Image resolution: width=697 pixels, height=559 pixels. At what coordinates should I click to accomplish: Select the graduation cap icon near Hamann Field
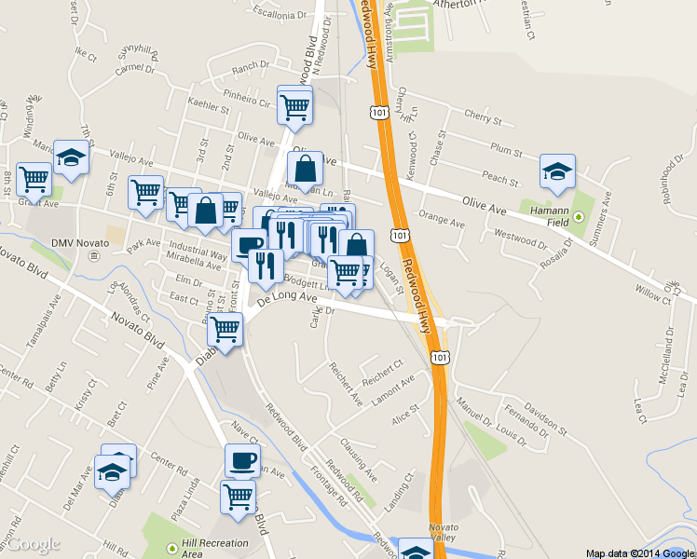557,171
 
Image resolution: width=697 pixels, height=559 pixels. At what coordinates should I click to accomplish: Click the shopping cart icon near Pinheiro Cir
295,105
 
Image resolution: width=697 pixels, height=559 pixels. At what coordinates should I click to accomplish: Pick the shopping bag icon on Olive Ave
305,170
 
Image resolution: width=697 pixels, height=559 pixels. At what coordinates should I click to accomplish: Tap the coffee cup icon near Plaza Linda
242,460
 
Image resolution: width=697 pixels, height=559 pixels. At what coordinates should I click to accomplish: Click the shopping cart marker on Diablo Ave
225,329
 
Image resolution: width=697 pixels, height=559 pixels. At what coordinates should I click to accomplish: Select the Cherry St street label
483,121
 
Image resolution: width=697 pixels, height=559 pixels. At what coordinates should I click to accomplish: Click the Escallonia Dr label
277,15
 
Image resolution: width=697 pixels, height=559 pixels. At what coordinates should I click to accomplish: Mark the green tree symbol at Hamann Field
578,217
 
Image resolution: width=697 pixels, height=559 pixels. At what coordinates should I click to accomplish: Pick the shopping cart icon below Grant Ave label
34,177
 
